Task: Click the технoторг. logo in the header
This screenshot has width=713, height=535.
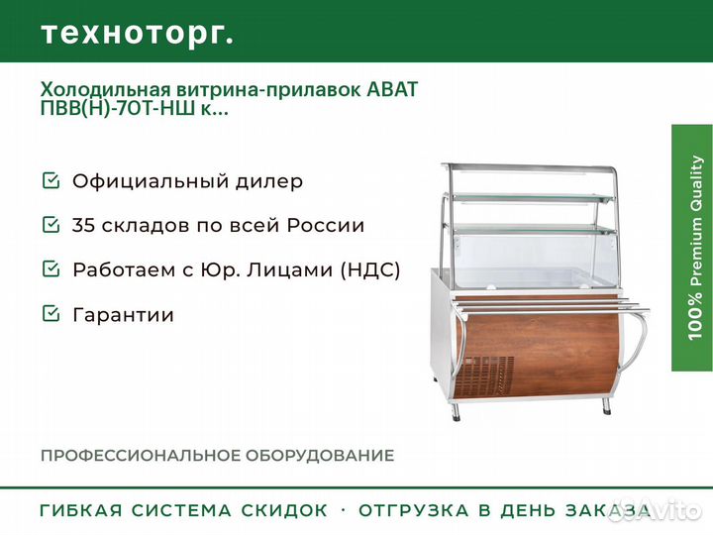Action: (138, 34)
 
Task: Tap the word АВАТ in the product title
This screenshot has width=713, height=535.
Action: (392, 89)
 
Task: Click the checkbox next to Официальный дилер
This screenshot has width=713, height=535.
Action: (51, 180)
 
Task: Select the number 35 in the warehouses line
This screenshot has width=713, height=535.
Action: (83, 225)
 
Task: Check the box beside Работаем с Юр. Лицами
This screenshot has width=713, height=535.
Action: (51, 268)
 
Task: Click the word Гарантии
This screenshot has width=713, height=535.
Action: (123, 315)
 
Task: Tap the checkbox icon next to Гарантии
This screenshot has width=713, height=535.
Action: (51, 313)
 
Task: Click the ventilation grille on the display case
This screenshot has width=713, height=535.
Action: (485, 375)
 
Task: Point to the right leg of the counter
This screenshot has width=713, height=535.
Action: (606, 405)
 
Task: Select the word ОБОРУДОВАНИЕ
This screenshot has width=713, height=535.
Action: (320, 456)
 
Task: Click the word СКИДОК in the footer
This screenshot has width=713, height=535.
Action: (284, 510)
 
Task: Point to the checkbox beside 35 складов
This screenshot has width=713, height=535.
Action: (51, 224)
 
